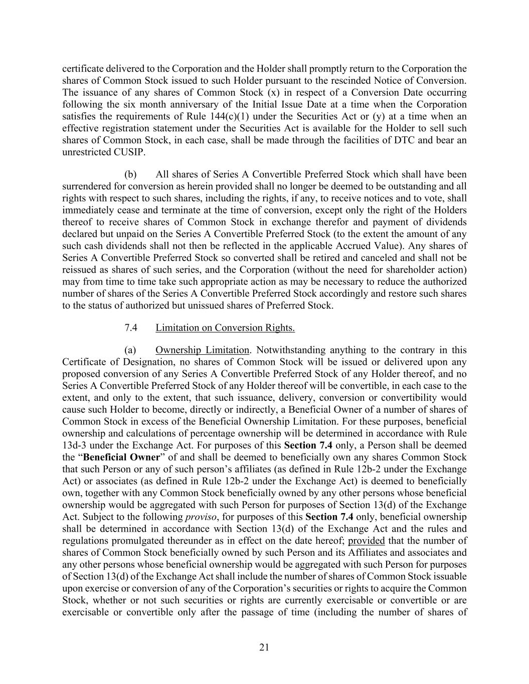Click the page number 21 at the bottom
264,647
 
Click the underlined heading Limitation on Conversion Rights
225,328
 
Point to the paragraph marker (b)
130,174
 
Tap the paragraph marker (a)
130,350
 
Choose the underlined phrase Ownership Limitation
202,350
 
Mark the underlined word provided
366,541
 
